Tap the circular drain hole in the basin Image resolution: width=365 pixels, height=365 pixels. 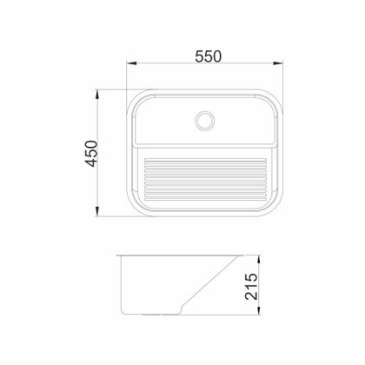tap(206, 120)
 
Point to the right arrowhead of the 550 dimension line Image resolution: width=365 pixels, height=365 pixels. tap(285, 64)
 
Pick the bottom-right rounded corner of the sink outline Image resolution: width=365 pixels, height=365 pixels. tap(280, 211)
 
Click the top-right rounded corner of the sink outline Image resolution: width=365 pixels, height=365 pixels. tap(280, 96)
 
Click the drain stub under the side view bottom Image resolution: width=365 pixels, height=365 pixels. tap(159, 314)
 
